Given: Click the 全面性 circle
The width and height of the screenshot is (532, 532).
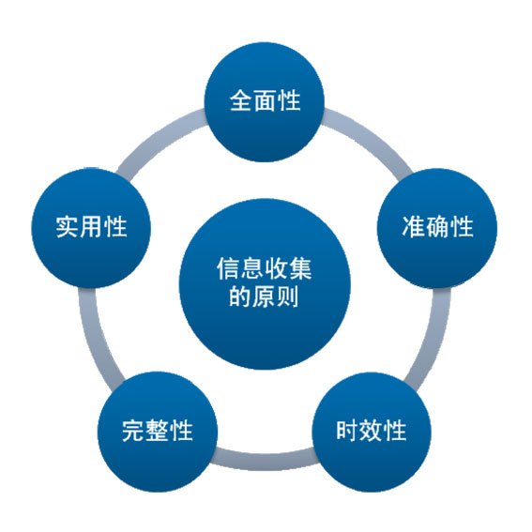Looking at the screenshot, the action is [265, 101].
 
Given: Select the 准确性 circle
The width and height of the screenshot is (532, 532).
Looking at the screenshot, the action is [437, 228].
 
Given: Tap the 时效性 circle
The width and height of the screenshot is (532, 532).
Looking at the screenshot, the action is [372, 432].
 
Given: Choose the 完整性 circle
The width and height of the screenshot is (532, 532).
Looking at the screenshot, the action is [158, 432].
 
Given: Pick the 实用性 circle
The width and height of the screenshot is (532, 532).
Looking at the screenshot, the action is [91, 228].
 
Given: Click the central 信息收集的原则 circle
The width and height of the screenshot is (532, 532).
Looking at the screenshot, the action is [265, 283].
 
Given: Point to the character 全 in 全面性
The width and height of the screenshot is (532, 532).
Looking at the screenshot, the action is [241, 100].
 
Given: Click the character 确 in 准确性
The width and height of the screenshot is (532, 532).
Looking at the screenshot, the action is [437, 227].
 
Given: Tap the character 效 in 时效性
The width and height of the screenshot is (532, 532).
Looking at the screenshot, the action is [372, 431].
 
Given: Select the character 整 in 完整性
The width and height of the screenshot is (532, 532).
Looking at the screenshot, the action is [157, 431].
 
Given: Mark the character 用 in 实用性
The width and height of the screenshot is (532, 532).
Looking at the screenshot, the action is [91, 227].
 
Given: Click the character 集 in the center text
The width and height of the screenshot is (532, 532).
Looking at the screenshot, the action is [300, 268].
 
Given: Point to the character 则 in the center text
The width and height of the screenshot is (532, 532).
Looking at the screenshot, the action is [287, 296].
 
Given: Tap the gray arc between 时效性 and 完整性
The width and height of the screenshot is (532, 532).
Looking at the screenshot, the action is [265, 461].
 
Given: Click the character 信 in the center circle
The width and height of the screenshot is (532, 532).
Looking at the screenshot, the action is [228, 268].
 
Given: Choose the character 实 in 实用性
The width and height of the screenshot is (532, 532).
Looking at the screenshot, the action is [67, 227].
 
